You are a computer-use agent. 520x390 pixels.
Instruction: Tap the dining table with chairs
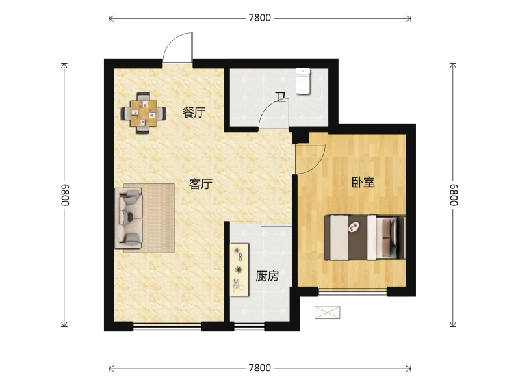click(142, 113)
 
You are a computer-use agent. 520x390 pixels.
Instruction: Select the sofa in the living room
click(129, 218)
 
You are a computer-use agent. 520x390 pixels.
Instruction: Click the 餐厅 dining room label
click(194, 112)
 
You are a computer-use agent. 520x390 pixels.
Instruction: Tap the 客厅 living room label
click(201, 184)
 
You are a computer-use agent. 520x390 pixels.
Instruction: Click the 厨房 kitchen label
click(267, 276)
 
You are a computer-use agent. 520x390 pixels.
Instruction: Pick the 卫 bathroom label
click(280, 98)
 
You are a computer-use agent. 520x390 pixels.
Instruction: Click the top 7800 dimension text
click(259, 18)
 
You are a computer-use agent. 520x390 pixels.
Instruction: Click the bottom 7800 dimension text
click(259, 368)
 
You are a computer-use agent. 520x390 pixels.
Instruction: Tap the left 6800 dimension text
click(65, 194)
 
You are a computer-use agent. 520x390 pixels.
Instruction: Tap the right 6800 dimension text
click(453, 194)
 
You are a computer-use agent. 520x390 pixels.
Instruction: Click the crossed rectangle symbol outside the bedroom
click(327, 313)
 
